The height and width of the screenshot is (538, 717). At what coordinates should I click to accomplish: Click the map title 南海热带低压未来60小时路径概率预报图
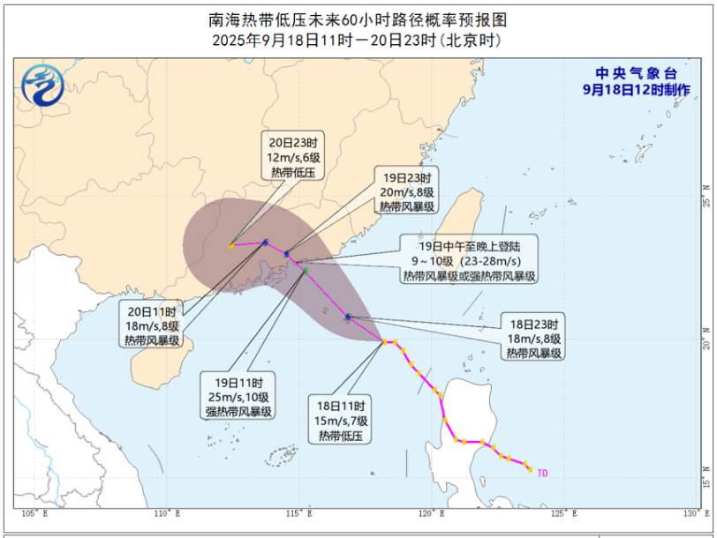[x=358, y=19]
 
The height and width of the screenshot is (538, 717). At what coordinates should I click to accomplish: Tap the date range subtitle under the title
[x=358, y=41]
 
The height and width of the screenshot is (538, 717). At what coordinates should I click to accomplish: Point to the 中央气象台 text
[x=635, y=73]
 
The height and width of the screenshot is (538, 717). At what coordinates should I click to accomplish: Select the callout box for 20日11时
[x=151, y=325]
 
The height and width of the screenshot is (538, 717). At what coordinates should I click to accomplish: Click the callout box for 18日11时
[x=343, y=420]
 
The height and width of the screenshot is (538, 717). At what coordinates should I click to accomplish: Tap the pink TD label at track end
[x=542, y=474]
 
